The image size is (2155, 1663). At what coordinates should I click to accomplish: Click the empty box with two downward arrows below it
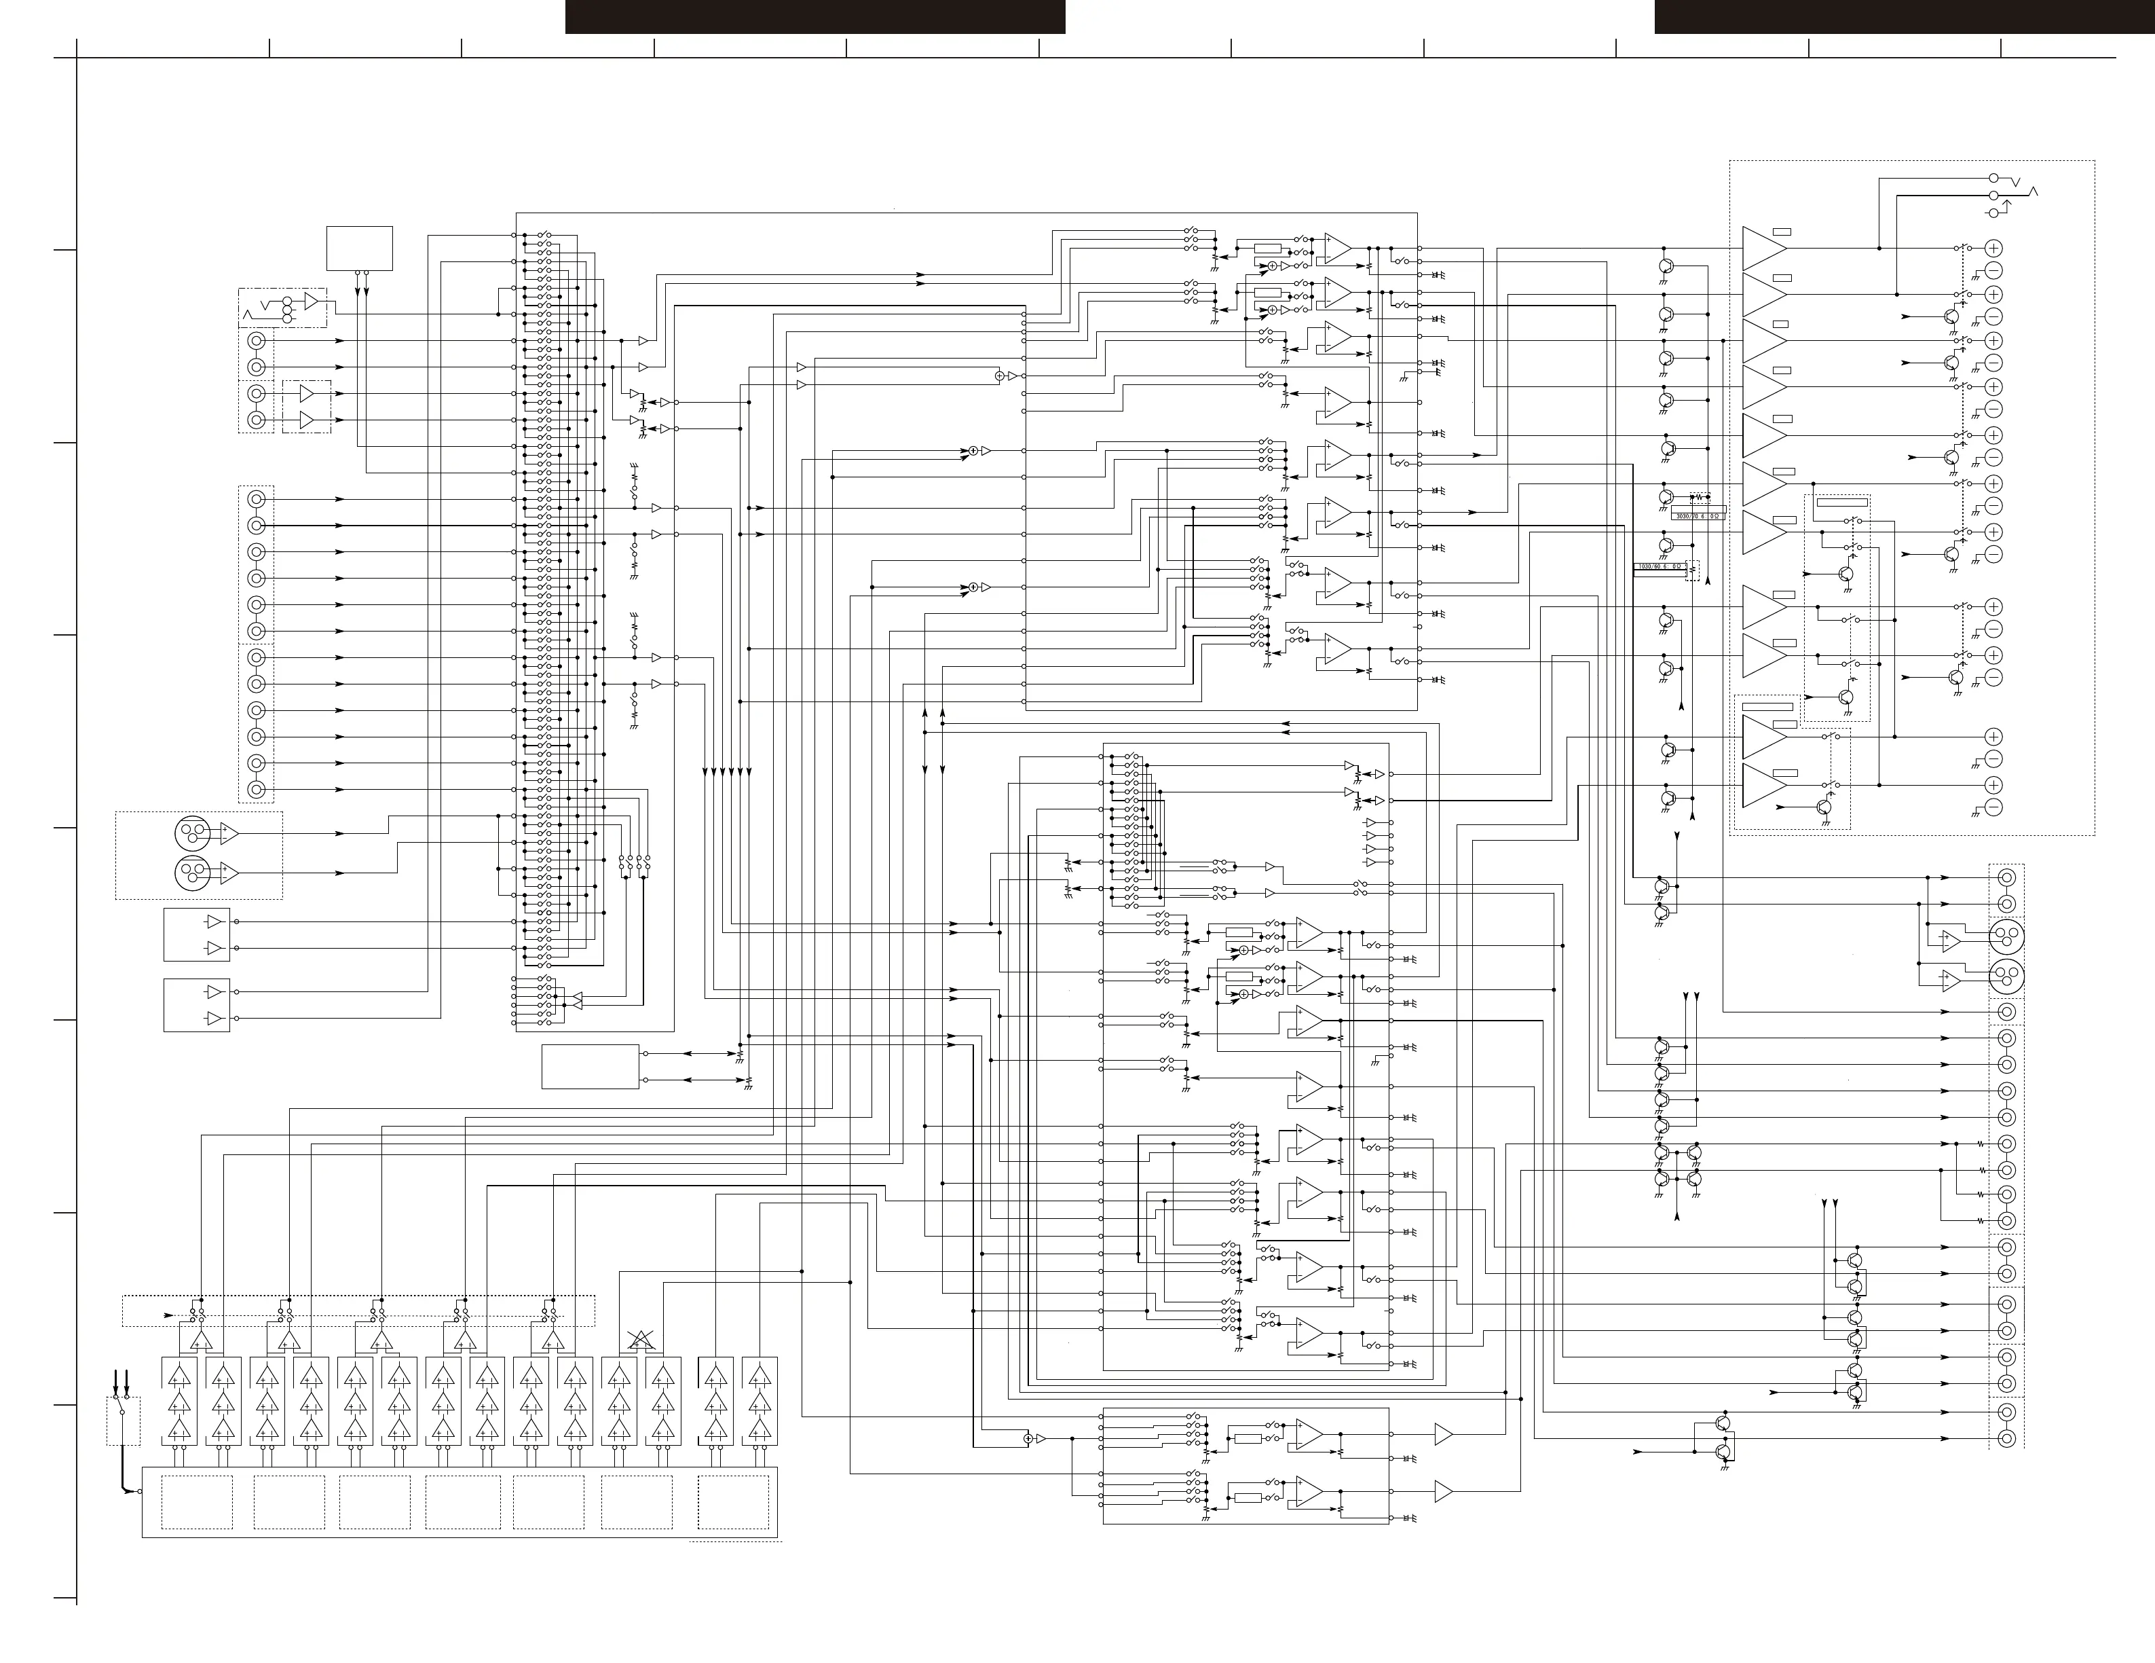tap(359, 248)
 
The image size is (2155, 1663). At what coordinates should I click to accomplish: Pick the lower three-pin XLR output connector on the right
tap(2005, 977)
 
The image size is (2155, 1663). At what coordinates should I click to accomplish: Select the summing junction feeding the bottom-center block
tap(1028, 1439)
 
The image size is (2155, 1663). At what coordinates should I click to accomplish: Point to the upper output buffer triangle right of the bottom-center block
tap(1442, 1434)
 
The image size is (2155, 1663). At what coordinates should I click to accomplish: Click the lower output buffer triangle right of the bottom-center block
tap(1442, 1493)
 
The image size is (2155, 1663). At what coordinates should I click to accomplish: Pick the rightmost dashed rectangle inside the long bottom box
tap(733, 1502)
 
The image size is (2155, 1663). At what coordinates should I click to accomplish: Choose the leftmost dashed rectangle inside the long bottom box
tap(198, 1502)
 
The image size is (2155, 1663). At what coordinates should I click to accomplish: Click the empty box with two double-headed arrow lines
tap(590, 1067)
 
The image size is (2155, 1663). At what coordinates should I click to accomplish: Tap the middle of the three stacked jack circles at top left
tap(287, 309)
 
